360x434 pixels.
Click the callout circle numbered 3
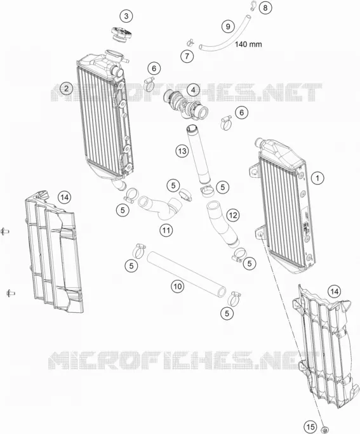[126, 16]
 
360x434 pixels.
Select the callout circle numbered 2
[66, 89]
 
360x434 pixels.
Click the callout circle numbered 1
[317, 178]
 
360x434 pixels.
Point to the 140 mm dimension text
[248, 44]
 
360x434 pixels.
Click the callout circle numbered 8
[265, 8]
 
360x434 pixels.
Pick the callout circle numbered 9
[228, 26]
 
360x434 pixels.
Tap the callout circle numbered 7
[187, 56]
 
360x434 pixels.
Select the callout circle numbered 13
[182, 151]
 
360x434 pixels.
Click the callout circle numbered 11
[166, 230]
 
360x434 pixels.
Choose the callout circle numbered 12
[232, 215]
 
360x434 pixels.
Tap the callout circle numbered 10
[177, 286]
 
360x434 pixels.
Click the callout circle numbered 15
[310, 426]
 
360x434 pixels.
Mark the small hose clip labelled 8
[253, 5]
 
